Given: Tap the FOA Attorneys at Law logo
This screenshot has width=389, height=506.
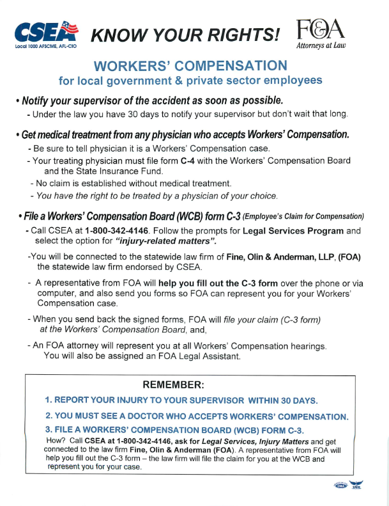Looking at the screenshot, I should (320, 35).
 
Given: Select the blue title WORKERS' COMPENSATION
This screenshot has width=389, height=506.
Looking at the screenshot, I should (190, 66).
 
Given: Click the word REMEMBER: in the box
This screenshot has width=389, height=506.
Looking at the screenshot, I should (174, 384).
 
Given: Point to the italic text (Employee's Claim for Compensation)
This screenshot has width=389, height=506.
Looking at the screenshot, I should (303, 216).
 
